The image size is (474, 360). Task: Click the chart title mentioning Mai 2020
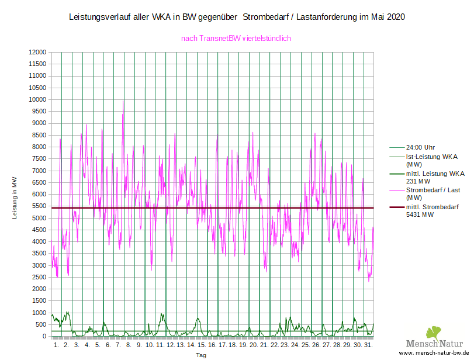pyautogui.click(x=237, y=18)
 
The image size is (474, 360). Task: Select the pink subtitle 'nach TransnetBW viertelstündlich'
pyautogui.click(x=236, y=39)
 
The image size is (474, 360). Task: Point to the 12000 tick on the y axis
pyautogui.click(x=37, y=52)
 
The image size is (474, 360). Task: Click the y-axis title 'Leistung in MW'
pyautogui.click(x=15, y=198)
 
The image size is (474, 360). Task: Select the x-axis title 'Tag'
pyautogui.click(x=201, y=355)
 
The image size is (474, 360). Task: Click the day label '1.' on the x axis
pyautogui.click(x=56, y=345)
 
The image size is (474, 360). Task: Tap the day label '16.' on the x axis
pyautogui.click(x=212, y=345)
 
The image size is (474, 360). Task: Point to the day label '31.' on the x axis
pyautogui.click(x=368, y=345)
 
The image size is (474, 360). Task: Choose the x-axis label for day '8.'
pyautogui.click(x=129, y=345)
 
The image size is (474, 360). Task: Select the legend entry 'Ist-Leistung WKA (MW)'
pyautogui.click(x=431, y=161)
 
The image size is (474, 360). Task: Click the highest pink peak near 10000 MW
pyautogui.click(x=123, y=101)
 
